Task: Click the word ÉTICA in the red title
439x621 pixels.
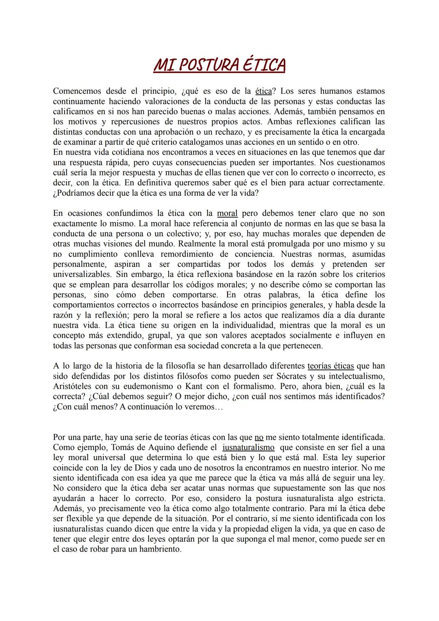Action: click(x=264, y=65)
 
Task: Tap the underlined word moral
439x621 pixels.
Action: click(x=227, y=213)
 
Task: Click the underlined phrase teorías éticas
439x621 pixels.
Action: click(x=331, y=366)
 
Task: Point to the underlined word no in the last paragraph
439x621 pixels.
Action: click(x=259, y=437)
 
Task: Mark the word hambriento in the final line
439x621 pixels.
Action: click(x=160, y=549)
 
